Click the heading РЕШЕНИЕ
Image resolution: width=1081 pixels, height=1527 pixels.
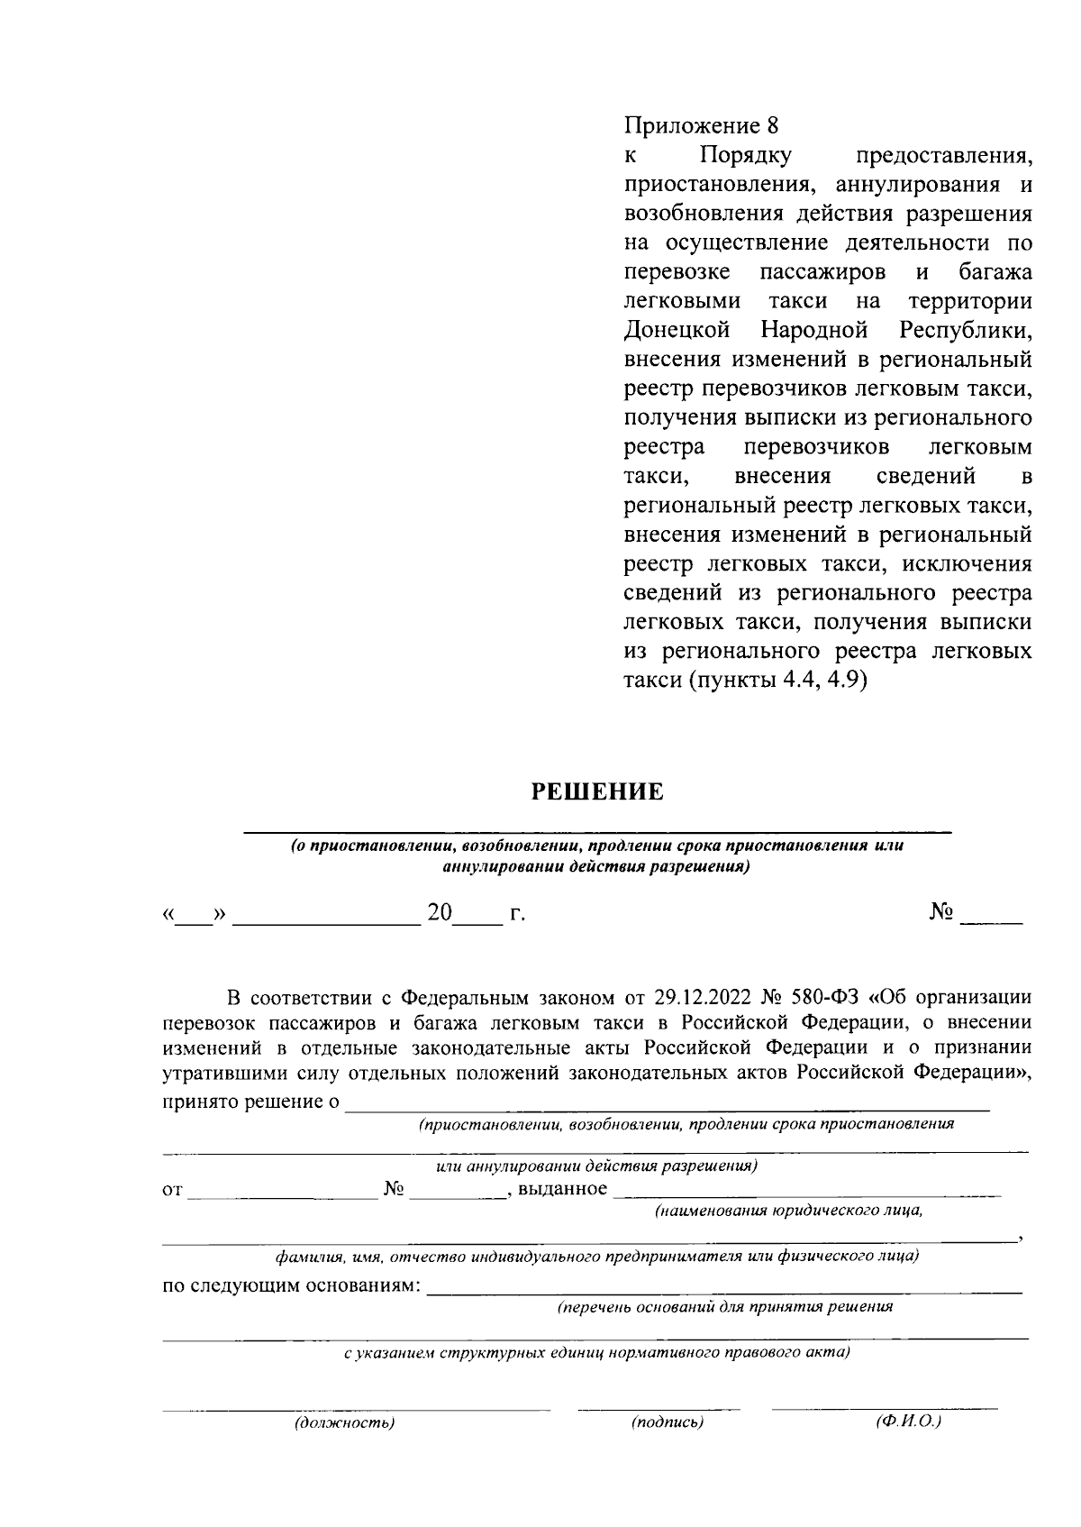(596, 792)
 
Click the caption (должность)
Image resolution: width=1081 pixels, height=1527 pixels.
(344, 1422)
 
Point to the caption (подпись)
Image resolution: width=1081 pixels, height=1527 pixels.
(667, 1422)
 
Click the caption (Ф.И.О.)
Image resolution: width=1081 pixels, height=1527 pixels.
(908, 1421)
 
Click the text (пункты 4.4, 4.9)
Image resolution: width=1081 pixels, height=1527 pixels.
(777, 681)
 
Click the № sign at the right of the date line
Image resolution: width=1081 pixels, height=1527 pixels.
(941, 912)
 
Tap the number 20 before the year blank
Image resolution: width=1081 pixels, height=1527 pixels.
(440, 913)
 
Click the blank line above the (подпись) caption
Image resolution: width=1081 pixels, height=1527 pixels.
(658, 1407)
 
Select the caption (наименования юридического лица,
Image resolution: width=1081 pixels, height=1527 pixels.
(788, 1211)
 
